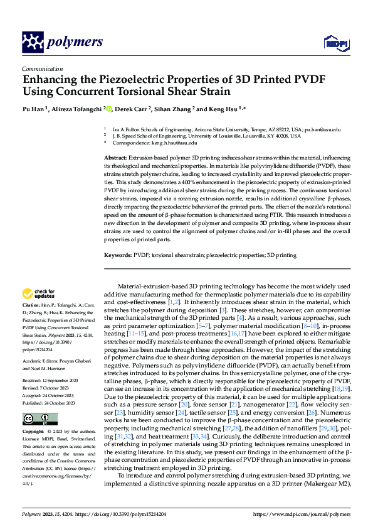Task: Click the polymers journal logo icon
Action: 33,42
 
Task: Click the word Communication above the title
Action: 42,69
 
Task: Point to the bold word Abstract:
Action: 115,156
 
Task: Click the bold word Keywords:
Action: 118,256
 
